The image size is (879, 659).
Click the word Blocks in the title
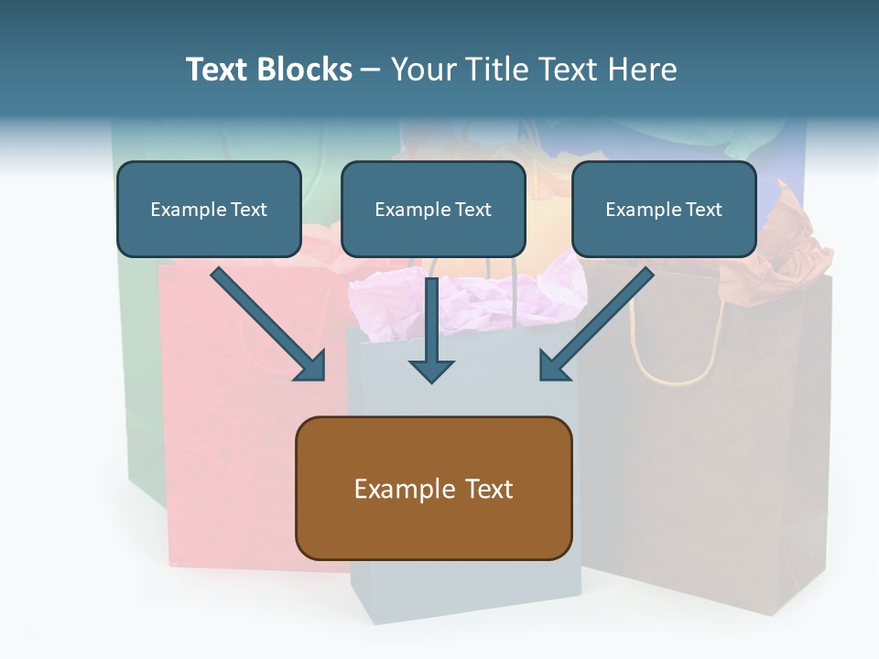(305, 70)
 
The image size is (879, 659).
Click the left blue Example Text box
(209, 209)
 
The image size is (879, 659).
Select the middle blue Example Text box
(433, 209)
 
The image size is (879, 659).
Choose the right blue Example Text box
(665, 209)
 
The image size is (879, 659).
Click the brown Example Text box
(434, 488)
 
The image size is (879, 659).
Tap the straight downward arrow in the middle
(431, 330)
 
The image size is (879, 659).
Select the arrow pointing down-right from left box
(268, 324)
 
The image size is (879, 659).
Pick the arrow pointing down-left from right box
(597, 324)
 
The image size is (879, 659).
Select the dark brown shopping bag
(706, 438)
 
